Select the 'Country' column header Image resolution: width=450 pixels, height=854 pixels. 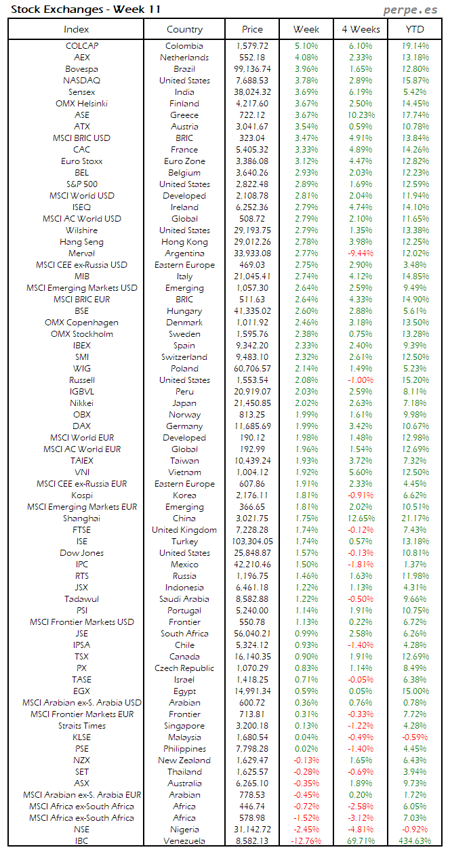pyautogui.click(x=184, y=29)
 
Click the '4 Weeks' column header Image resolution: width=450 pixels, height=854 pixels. pyautogui.click(x=361, y=29)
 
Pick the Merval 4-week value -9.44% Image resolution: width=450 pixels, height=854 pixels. pyautogui.click(x=361, y=253)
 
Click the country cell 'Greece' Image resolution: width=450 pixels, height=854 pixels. pyautogui.click(x=184, y=115)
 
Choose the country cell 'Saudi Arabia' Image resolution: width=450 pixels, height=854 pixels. pyautogui.click(x=184, y=599)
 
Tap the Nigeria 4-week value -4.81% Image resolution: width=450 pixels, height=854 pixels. pyautogui.click(x=361, y=829)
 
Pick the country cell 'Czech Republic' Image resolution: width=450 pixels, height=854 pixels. pyautogui.click(x=184, y=668)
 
